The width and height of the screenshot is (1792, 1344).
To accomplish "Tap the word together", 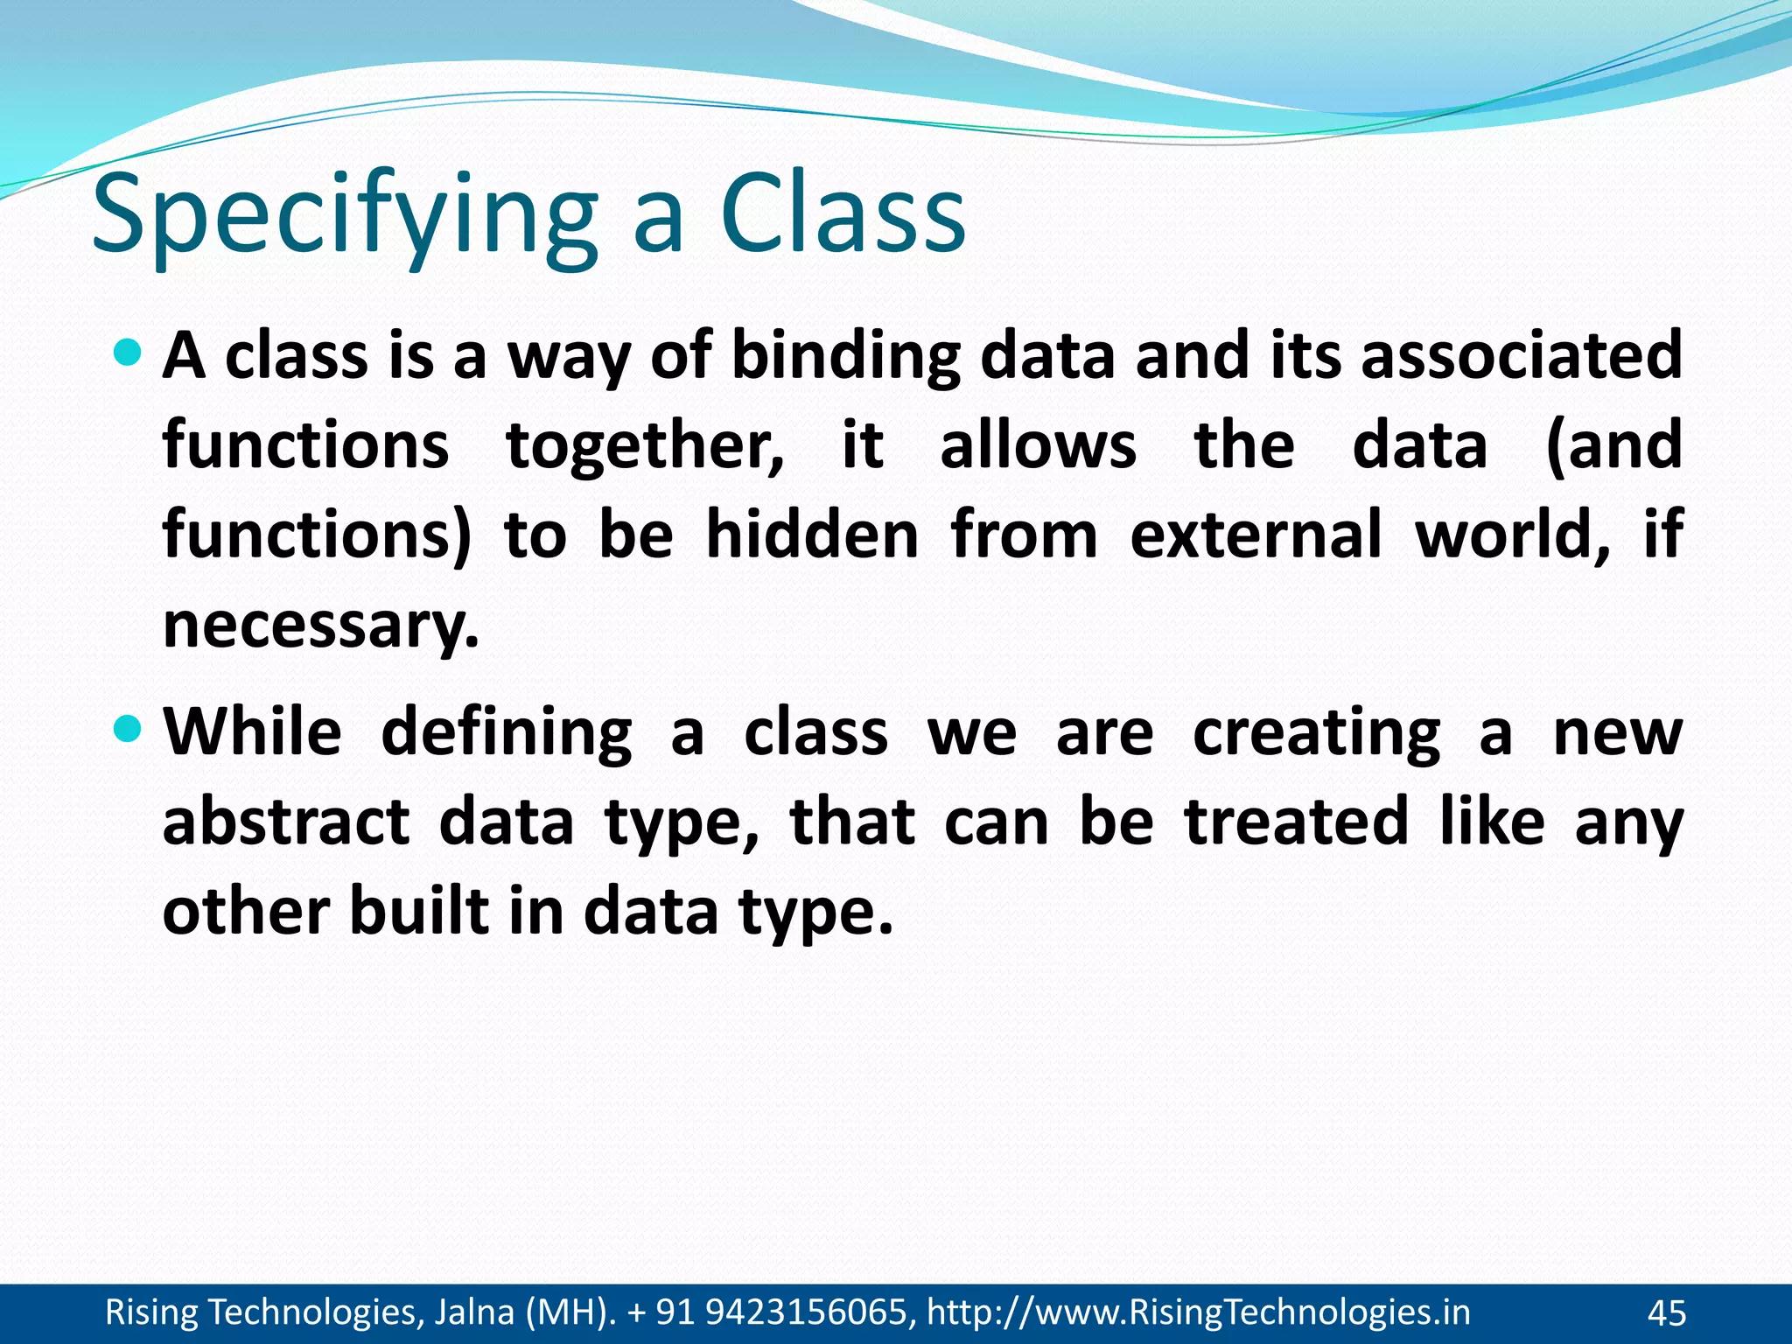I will point(646,446).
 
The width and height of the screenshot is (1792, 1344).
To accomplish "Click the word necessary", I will point(320,626).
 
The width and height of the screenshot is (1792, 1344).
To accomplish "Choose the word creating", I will point(1316,734).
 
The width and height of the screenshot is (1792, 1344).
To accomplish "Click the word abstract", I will point(286,822).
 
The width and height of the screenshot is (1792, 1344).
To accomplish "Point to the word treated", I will point(1296,822).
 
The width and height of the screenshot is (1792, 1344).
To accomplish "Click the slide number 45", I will point(1666,1313).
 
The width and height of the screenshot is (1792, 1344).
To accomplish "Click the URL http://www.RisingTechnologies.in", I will point(1198,1312).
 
